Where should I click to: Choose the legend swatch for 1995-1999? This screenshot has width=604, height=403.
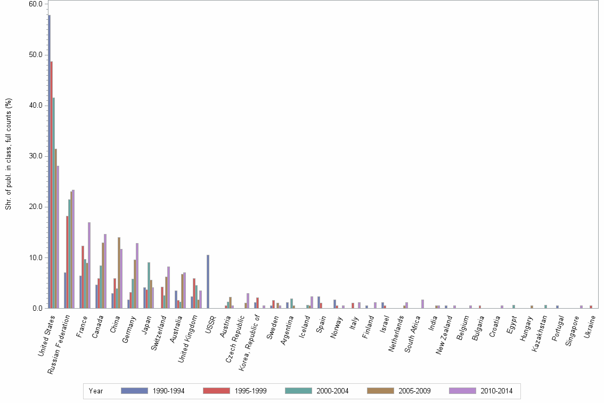pyautogui.click(x=216, y=391)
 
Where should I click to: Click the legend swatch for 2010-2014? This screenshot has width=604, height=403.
pyautogui.click(x=462, y=391)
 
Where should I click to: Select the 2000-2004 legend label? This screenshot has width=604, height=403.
pyautogui.click(x=332, y=391)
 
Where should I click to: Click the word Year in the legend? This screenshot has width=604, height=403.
pyautogui.click(x=96, y=391)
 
